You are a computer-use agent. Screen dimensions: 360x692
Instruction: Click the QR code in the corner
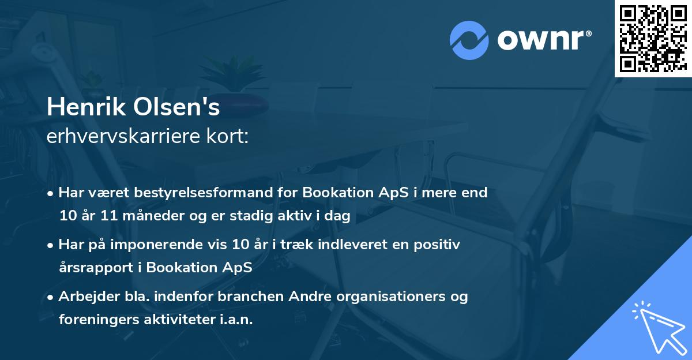click(x=653, y=38)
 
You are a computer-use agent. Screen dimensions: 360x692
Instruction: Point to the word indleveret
click(x=334, y=245)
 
